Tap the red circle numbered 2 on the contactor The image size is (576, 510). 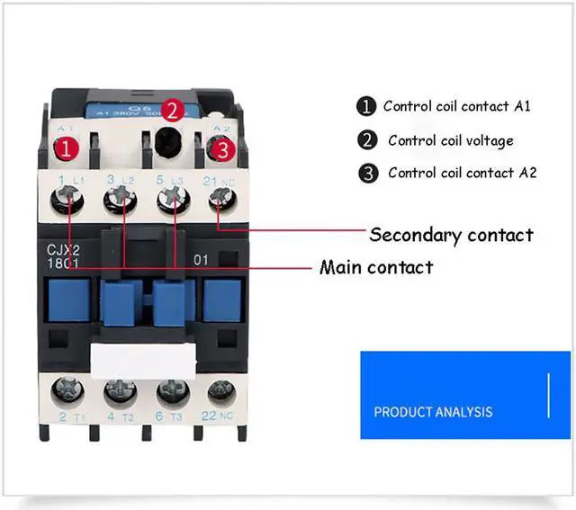coord(174,111)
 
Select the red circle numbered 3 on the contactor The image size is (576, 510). coord(220,150)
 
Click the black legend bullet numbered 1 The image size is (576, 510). coord(366,106)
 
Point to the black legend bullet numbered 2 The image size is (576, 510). coord(367,140)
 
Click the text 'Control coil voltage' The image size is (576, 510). coord(451,140)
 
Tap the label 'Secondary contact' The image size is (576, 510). coord(451,235)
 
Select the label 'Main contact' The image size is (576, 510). coord(376,267)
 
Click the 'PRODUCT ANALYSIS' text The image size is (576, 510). coord(433,412)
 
